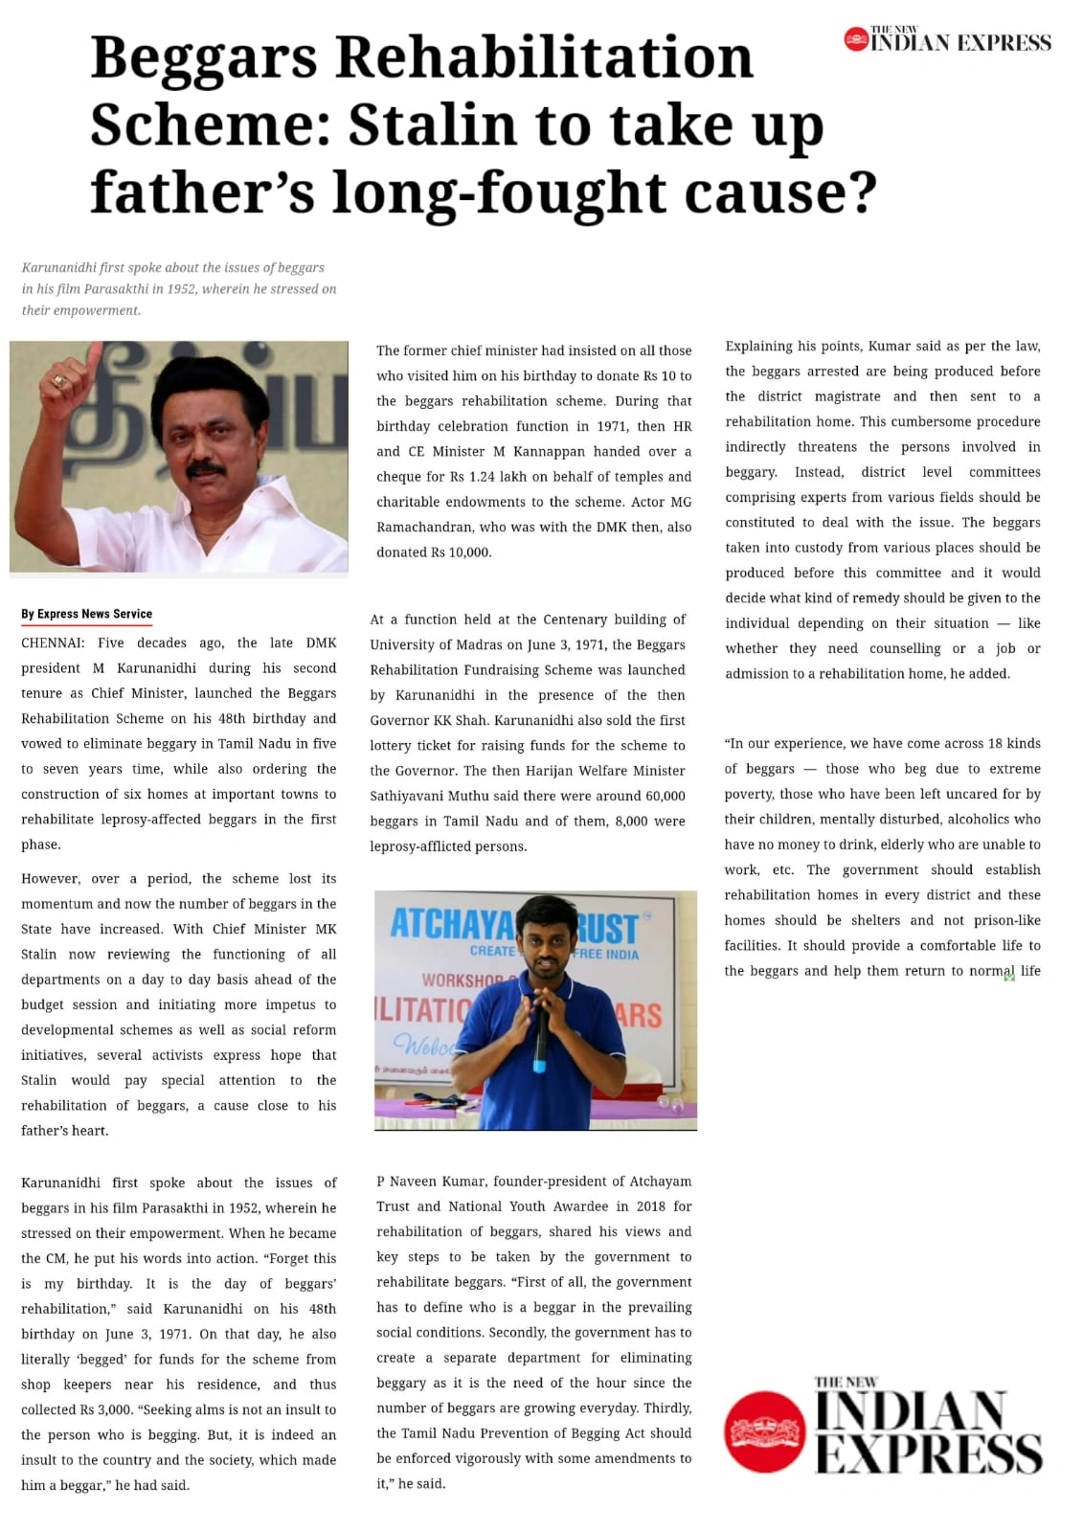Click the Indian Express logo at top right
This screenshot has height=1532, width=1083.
click(947, 40)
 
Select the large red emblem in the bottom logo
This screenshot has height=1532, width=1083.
click(764, 1431)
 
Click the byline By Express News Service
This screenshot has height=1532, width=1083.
click(87, 614)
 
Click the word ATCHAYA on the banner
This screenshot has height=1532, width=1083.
click(451, 924)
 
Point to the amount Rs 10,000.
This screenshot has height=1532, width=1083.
click(466, 552)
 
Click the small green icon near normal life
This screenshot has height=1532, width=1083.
click(1009, 977)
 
